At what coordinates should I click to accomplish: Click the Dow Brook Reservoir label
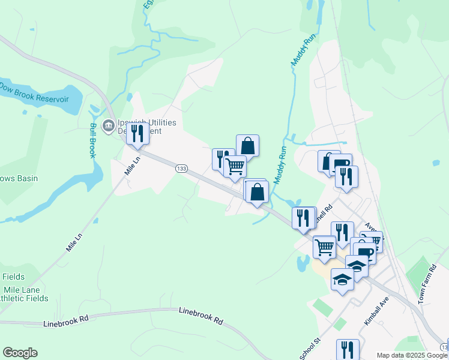click(35, 98)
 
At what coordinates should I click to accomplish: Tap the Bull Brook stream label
click(93, 140)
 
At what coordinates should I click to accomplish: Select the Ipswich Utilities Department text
click(147, 127)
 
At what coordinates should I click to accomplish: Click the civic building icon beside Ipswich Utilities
click(109, 125)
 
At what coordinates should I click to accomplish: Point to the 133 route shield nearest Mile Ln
click(181, 169)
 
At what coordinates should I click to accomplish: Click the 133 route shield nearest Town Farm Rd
click(444, 347)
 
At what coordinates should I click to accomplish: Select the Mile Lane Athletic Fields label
click(21, 294)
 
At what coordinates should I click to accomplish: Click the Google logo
click(20, 353)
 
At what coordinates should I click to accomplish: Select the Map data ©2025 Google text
click(412, 355)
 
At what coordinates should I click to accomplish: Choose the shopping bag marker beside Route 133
click(257, 192)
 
